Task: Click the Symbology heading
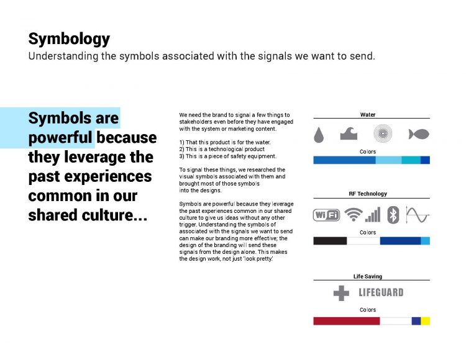69,39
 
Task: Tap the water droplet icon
319,135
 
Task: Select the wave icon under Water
349,133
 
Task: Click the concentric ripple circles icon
383,133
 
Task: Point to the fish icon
418,134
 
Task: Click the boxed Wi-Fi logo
326,215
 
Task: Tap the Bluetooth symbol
393,215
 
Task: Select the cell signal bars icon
372,215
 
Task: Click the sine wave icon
418,215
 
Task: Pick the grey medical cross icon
341,293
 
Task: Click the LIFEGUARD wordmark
381,292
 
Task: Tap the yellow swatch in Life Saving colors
425,321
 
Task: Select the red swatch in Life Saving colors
347,321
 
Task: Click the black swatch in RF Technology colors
330,241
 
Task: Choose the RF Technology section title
368,194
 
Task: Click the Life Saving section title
368,276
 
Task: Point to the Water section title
368,115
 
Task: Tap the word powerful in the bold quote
60,138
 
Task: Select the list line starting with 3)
227,156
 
